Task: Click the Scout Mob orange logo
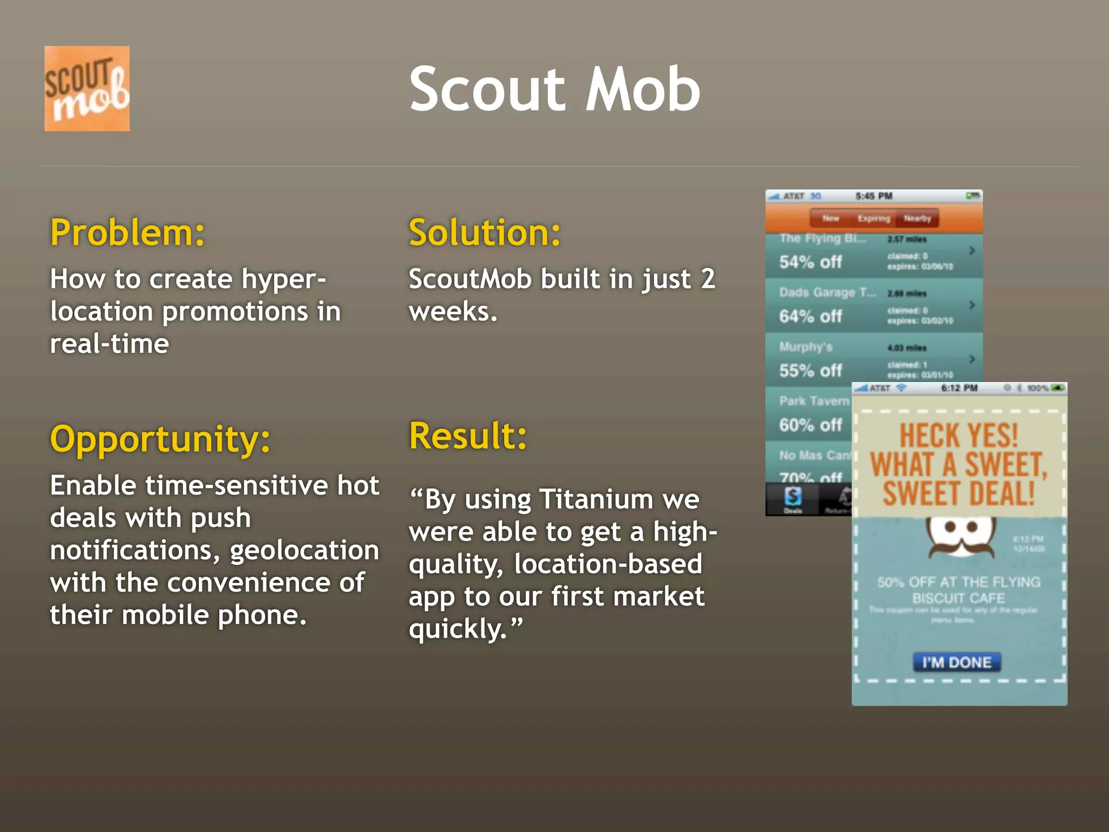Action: point(87,88)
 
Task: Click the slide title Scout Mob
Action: point(554,89)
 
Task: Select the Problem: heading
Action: point(128,233)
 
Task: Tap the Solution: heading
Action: point(485,233)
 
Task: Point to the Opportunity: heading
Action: point(160,439)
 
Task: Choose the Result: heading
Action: point(468,436)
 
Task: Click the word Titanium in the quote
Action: point(596,499)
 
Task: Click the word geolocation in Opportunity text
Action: point(304,550)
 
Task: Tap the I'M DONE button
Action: point(957,662)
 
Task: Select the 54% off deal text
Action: point(811,262)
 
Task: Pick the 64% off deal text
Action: point(811,316)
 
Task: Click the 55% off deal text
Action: point(811,371)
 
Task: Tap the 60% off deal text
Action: point(811,425)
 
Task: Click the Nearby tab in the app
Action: point(917,218)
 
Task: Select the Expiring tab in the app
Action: point(873,218)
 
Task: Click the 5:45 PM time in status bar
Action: point(874,196)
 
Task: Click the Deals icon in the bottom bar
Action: point(793,498)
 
